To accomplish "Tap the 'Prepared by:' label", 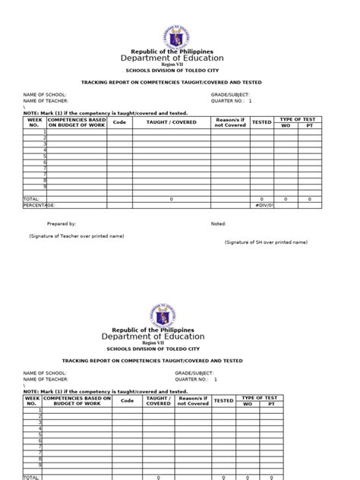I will [62, 224].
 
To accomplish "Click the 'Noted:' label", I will [219, 224].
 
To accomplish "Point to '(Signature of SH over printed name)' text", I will [266, 242].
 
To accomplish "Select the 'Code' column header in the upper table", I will [119, 122].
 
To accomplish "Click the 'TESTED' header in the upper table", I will [261, 122].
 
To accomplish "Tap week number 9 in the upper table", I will [45, 185].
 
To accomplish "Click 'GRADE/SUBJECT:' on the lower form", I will [194, 373].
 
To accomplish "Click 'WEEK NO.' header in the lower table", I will [31, 401].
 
